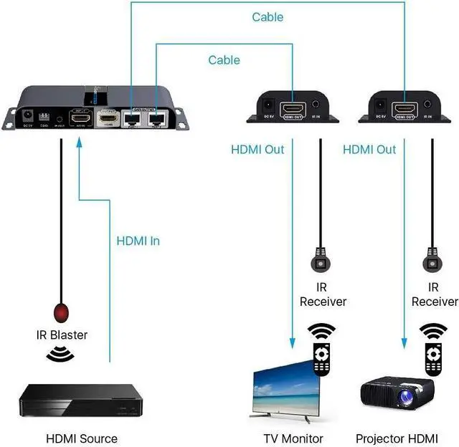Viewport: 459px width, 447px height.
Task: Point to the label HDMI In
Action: pyautogui.click(x=138, y=241)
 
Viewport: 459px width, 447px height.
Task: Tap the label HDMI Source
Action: pyautogui.click(x=81, y=438)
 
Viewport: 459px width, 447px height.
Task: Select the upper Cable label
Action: pyautogui.click(x=267, y=16)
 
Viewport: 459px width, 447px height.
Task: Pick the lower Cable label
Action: pyautogui.click(x=224, y=59)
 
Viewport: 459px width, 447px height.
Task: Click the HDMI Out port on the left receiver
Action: pyautogui.click(x=293, y=109)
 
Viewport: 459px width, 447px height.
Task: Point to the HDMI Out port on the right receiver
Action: pyautogui.click(x=404, y=109)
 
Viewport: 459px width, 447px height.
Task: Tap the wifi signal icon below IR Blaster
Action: pyautogui.click(x=60, y=355)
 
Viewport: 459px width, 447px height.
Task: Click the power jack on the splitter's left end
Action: pyautogui.click(x=28, y=115)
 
